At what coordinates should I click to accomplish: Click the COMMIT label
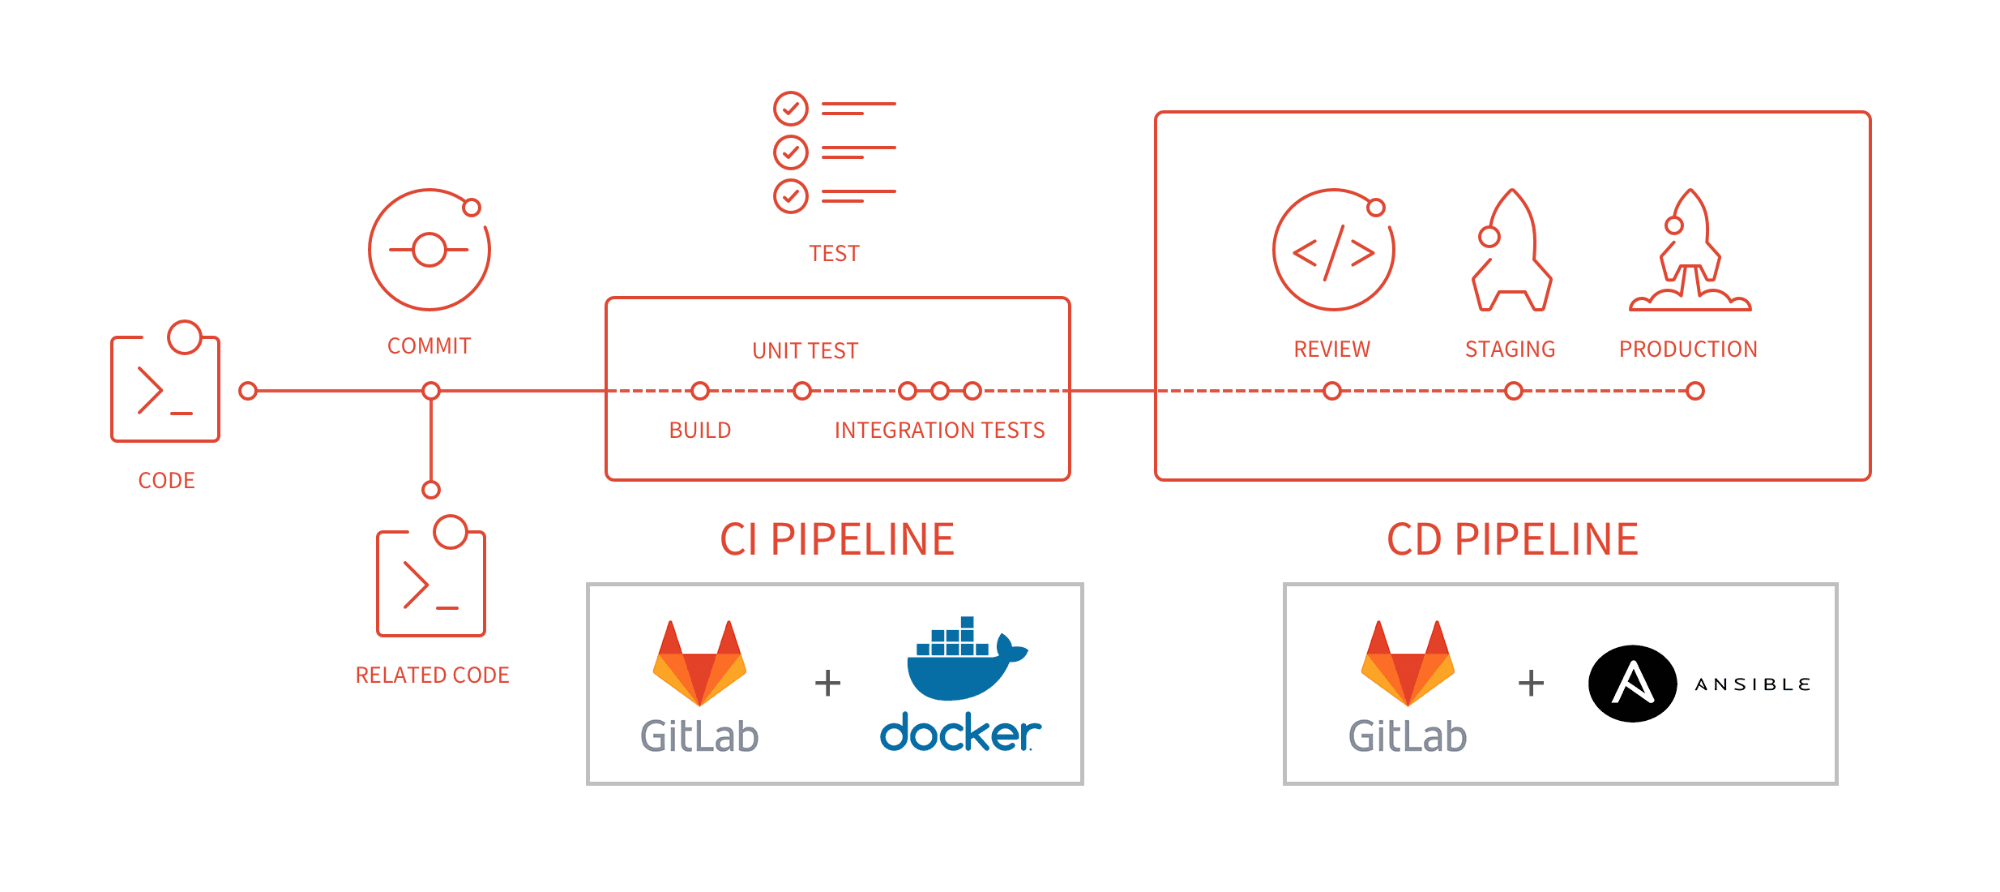point(429,346)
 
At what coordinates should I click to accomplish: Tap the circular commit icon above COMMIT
point(429,250)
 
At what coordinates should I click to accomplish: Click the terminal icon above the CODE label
point(165,388)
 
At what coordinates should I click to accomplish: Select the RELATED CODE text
point(432,675)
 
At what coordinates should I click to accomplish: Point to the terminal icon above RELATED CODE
point(431,582)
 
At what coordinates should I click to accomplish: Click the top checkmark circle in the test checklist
point(790,108)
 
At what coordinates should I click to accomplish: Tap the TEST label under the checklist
point(834,254)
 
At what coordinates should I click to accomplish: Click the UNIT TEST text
point(805,350)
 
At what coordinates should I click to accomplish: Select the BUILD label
point(699,430)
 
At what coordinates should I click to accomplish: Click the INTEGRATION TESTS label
point(939,430)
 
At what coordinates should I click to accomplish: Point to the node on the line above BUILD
point(700,391)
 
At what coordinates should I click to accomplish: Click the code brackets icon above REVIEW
point(1333,251)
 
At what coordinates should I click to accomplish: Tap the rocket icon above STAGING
point(1511,251)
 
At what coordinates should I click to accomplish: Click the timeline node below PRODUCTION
point(1695,391)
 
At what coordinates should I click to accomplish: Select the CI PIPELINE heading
point(837,539)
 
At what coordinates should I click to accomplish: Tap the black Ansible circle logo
point(1632,684)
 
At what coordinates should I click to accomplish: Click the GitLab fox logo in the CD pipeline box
point(1408,663)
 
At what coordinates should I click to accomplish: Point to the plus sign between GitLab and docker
point(827,683)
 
